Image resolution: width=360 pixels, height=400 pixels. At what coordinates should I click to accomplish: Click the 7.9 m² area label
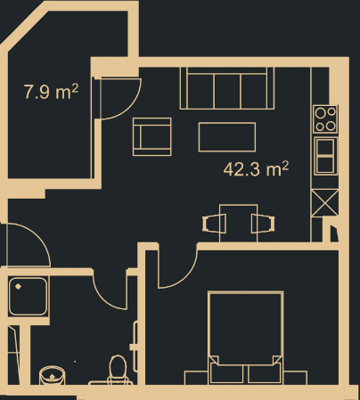[x=50, y=90]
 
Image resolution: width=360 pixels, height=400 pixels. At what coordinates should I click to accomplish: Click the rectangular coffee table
[x=227, y=137]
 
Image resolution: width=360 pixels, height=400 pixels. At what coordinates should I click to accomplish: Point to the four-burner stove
[x=326, y=118]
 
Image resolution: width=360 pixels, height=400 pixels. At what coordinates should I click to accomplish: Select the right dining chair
[x=262, y=224]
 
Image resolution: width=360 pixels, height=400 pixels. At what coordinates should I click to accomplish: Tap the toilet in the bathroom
[x=116, y=368]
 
